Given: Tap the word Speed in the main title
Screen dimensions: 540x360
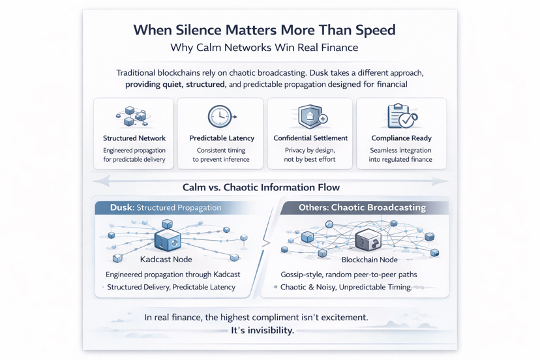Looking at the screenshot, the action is pyautogui.click(x=376, y=31).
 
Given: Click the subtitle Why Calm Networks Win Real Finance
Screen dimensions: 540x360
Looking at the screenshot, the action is pyautogui.click(x=264, y=47).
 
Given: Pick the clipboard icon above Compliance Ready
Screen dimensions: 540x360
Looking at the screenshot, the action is pyautogui.click(x=402, y=115).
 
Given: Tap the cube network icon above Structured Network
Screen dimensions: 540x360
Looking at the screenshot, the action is pyautogui.click(x=134, y=116).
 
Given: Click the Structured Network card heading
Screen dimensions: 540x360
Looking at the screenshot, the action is pyautogui.click(x=134, y=138).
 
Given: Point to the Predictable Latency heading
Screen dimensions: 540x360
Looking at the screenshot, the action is pyautogui.click(x=222, y=138).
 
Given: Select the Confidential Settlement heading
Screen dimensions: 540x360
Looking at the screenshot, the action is pyautogui.click(x=310, y=138).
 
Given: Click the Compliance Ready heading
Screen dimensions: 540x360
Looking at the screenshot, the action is pyautogui.click(x=401, y=138).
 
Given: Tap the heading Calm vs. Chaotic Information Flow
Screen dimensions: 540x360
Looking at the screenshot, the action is pyautogui.click(x=261, y=187).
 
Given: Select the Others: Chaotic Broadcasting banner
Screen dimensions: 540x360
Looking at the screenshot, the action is pyautogui.click(x=363, y=208).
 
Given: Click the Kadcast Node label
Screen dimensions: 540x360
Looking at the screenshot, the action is pyautogui.click(x=166, y=260).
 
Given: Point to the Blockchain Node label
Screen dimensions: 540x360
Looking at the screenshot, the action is pyautogui.click(x=370, y=260).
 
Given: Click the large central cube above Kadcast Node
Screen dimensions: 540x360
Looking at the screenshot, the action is pyautogui.click(x=168, y=239).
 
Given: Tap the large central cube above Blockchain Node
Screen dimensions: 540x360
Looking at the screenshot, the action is pyautogui.click(x=368, y=239).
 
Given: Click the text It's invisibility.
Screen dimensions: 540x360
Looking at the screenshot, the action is pyautogui.click(x=262, y=331).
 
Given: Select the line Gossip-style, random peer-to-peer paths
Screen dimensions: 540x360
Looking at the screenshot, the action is pyautogui.click(x=349, y=275).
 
